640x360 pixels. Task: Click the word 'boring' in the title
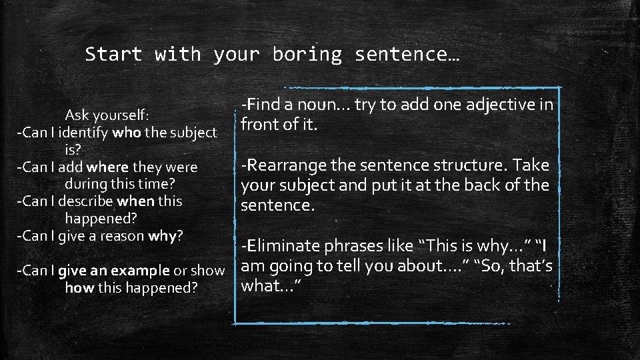[x=307, y=55]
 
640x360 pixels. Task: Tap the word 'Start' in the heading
[x=113, y=54]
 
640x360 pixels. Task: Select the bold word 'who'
[x=127, y=132]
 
